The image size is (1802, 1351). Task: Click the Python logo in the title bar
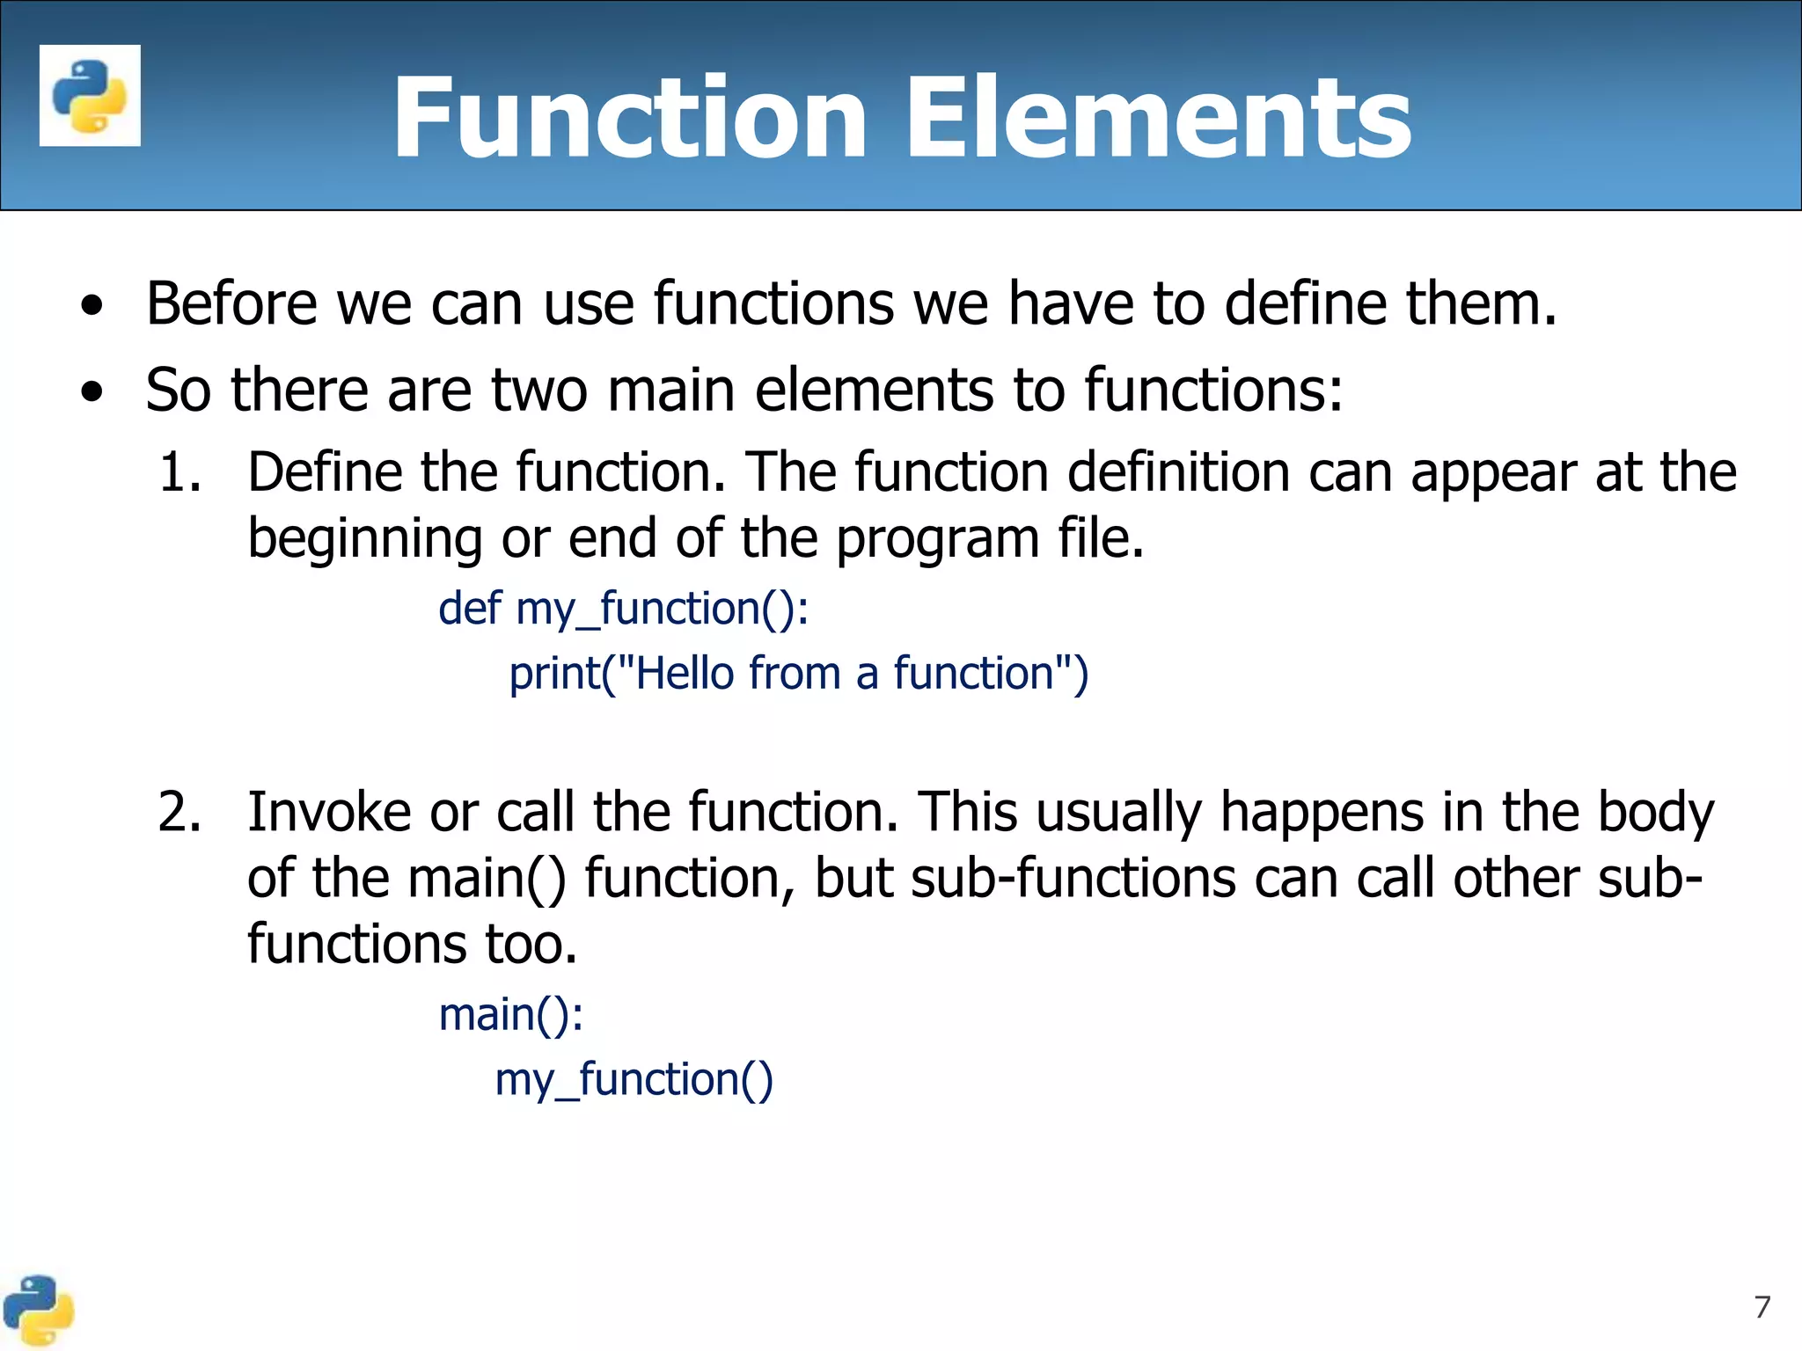coord(90,95)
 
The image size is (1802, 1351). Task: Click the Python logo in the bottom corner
coord(37,1311)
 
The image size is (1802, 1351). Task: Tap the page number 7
coord(1762,1307)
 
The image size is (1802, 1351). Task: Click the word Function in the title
coord(630,118)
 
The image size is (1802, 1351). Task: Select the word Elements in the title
coord(1158,118)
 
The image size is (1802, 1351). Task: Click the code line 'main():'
coord(510,1014)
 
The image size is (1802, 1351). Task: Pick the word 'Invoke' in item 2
coord(328,812)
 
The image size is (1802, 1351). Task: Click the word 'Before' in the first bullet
coord(231,303)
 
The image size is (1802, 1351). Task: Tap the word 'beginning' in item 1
coord(364,538)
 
